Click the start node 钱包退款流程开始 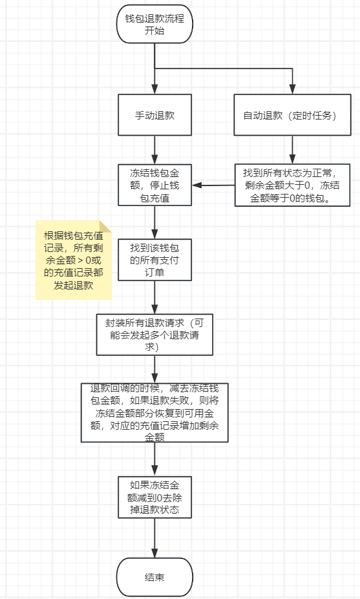(154, 24)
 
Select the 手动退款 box (154, 115)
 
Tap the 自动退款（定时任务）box (292, 115)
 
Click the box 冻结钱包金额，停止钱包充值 (154, 185)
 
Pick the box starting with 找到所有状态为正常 (292, 185)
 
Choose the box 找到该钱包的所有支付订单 (154, 260)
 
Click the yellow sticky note (74, 260)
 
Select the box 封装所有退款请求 (154, 335)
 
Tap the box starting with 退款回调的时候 (154, 412)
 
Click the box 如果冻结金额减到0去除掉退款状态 (154, 497)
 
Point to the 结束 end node (154, 577)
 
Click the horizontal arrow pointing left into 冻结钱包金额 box (213, 185)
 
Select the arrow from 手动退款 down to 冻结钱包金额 (154, 150)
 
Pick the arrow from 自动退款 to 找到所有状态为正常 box (292, 150)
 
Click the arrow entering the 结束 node (154, 538)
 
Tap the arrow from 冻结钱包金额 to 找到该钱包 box (154, 222)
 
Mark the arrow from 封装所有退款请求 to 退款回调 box (154, 370)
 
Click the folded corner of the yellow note (105, 226)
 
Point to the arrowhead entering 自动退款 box (292, 89)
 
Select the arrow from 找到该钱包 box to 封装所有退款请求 (154, 297)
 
